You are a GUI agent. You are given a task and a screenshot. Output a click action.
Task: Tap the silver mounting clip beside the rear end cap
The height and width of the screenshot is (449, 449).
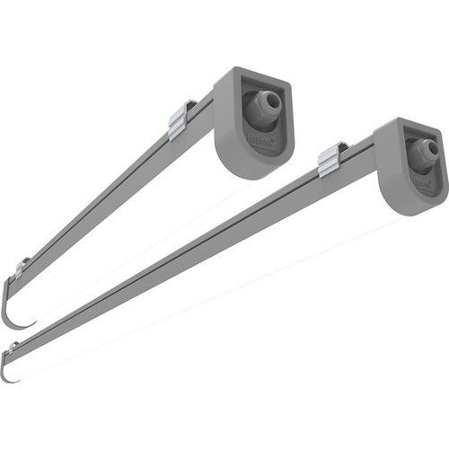coord(181,119)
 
